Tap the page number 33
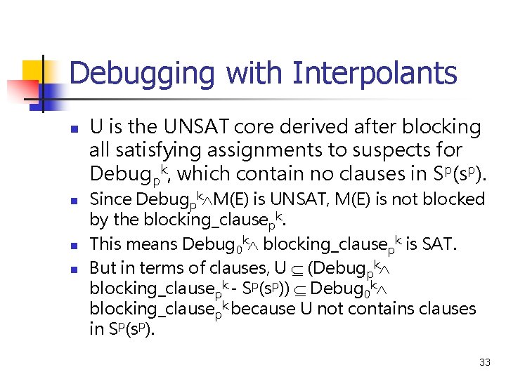pyautogui.click(x=484, y=363)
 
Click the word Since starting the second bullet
pyautogui.click(x=111, y=199)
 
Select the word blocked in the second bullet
pyautogui.click(x=458, y=199)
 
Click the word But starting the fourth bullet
pyautogui.click(x=103, y=267)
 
